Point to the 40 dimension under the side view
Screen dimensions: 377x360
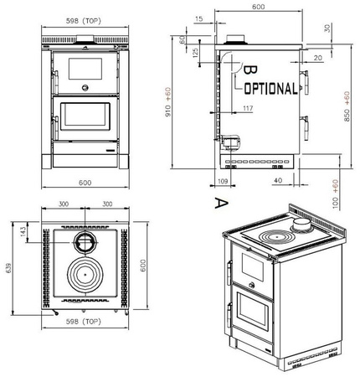(x=277, y=180)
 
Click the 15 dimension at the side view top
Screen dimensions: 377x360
(x=198, y=18)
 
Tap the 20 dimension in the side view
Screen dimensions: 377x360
(x=318, y=58)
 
